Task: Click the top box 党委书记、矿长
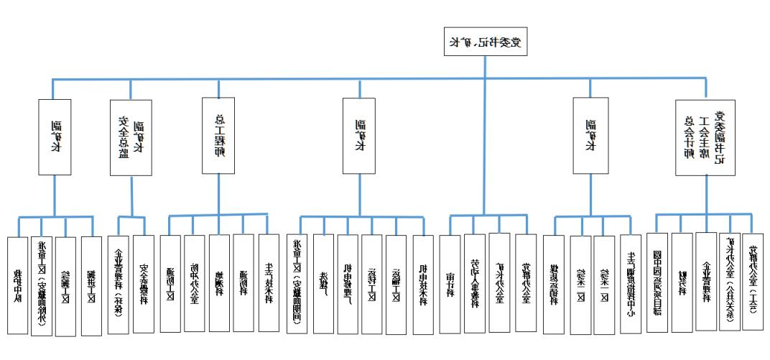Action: click(484, 42)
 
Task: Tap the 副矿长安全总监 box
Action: click(131, 137)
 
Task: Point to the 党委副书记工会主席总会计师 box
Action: click(705, 137)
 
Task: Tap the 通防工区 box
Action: click(170, 283)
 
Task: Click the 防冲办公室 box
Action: click(195, 283)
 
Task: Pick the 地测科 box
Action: click(219, 283)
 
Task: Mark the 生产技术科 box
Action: click(269, 283)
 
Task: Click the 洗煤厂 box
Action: click(323, 283)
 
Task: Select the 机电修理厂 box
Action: click(348, 283)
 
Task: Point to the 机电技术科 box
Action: click(423, 283)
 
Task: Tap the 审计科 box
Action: click(450, 283)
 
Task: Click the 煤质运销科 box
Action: click(554, 283)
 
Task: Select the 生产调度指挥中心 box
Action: click(630, 283)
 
